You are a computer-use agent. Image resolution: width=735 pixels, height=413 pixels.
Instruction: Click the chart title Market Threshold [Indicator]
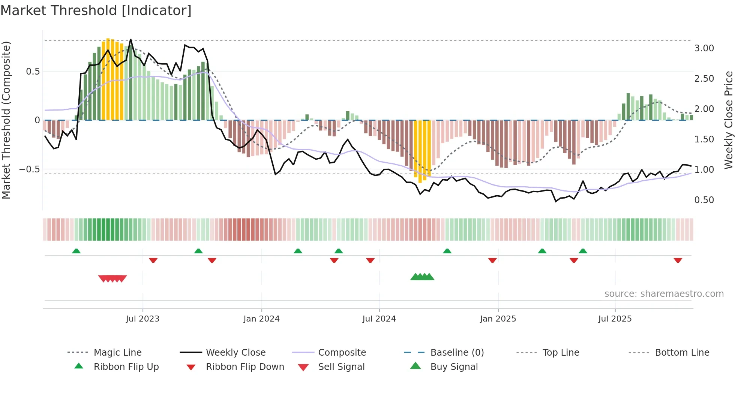[96, 10]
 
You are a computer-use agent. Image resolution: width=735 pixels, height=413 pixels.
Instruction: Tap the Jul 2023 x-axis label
[142, 319]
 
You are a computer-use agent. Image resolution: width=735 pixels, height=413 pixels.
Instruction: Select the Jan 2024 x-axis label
[261, 319]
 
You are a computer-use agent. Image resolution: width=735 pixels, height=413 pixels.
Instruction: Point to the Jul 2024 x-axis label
[379, 319]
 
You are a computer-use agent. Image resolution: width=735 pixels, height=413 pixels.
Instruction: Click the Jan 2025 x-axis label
[498, 319]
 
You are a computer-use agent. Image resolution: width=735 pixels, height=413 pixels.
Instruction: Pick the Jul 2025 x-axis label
[615, 319]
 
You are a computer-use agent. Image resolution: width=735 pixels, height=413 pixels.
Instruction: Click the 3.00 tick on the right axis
[704, 48]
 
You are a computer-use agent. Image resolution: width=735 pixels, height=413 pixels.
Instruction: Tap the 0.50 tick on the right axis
[704, 200]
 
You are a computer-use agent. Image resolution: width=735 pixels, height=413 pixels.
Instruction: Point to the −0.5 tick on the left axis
[30, 169]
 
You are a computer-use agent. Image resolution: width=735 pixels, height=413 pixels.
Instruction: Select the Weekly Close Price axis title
[728, 120]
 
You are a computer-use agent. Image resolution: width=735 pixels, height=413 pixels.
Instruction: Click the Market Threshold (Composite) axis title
[6, 120]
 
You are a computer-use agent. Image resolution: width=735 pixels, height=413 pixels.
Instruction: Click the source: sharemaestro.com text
[664, 294]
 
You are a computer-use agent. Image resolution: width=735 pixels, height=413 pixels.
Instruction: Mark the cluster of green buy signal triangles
[422, 277]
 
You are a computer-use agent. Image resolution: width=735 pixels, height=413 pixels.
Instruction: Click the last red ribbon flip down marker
[678, 260]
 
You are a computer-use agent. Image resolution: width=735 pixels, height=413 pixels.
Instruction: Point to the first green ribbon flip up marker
[76, 251]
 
